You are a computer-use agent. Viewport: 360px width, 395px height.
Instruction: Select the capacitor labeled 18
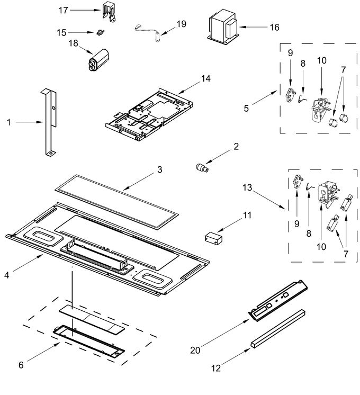click(96, 60)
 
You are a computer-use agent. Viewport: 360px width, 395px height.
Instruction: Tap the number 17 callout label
click(64, 10)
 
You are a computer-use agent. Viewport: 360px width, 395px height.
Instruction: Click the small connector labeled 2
click(201, 168)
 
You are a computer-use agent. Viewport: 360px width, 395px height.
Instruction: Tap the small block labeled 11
click(214, 236)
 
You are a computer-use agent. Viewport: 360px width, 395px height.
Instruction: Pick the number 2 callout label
click(237, 146)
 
